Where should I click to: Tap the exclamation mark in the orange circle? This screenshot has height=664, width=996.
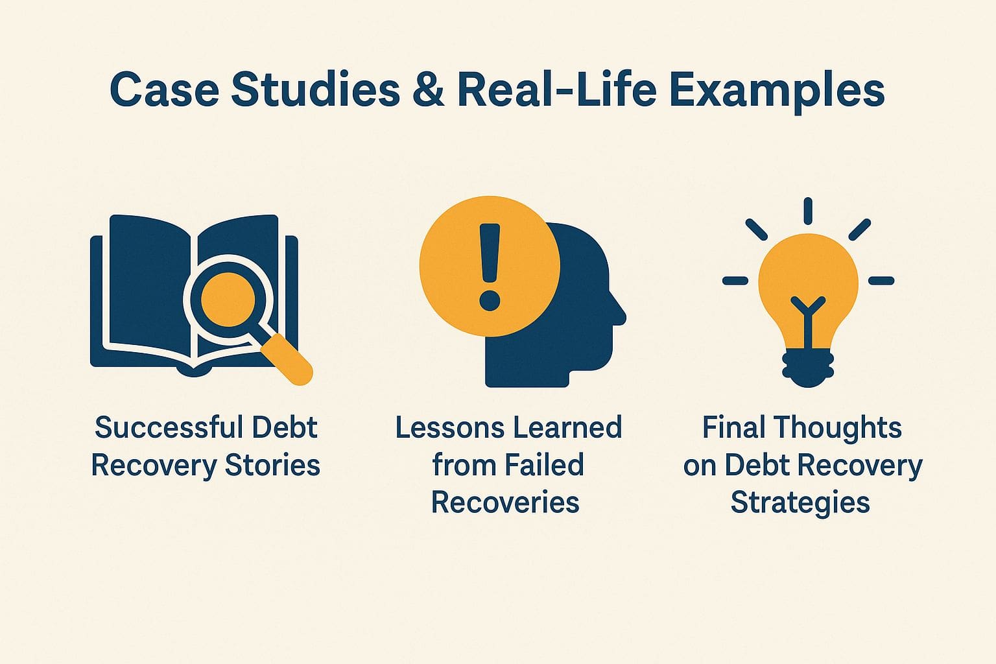tap(490, 266)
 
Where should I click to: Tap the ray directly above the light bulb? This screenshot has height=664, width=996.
tap(808, 211)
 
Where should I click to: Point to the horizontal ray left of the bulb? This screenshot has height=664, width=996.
tap(735, 281)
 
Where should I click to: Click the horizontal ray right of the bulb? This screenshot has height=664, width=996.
tap(881, 281)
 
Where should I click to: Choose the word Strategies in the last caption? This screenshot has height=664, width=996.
tap(800, 503)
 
